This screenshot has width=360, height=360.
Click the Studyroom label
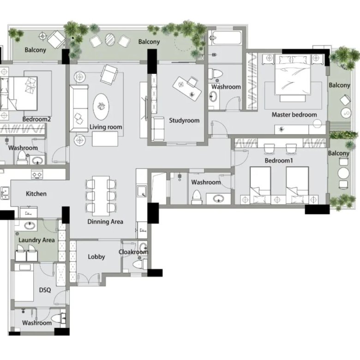click(184, 120)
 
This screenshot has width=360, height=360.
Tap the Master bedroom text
click(294, 114)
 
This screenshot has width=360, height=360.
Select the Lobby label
click(96, 257)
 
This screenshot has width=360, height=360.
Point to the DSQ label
click(45, 290)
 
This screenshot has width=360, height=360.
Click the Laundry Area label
click(36, 240)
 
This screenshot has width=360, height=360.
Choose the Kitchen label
click(36, 193)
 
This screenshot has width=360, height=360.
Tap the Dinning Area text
click(105, 222)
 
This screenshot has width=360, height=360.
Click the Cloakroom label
click(133, 252)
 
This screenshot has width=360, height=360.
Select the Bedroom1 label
click(279, 160)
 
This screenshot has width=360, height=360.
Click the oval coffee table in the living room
click(101, 107)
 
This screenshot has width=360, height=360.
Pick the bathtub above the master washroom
click(226, 38)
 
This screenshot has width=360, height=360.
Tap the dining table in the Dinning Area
click(101, 196)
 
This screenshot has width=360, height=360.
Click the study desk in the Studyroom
click(187, 89)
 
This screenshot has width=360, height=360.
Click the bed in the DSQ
click(24, 282)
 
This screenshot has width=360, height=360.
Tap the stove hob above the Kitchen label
click(37, 174)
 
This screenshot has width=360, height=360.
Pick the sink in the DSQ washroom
click(63, 318)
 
